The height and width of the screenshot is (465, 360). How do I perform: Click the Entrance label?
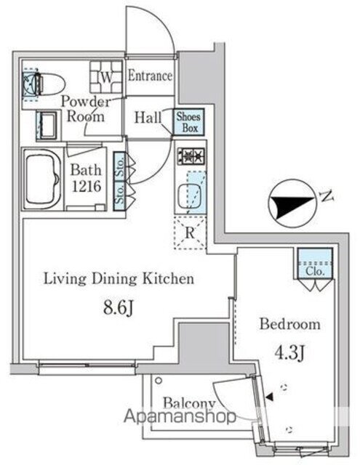[151, 76]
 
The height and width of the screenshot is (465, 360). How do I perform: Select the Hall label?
[148, 116]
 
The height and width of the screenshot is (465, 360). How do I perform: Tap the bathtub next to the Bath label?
[42, 179]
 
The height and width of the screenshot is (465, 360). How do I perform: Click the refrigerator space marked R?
[189, 233]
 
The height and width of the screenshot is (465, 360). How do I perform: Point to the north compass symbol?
[293, 205]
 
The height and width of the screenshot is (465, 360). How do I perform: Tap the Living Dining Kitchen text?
[118, 278]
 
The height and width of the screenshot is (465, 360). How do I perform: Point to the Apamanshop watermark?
[182, 417]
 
